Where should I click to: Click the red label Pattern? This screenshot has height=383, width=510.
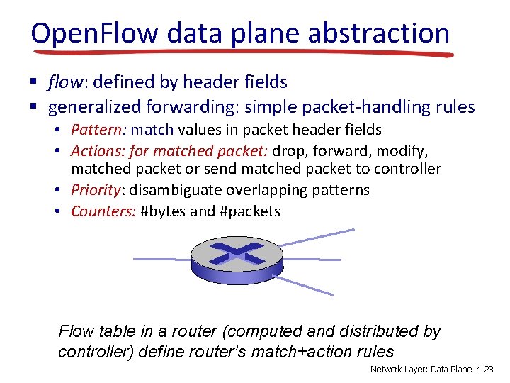tap(98, 130)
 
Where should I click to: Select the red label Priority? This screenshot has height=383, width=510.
tap(96, 190)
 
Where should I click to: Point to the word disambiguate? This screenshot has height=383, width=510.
tap(180, 190)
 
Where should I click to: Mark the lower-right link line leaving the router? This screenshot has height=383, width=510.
tap(306, 284)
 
